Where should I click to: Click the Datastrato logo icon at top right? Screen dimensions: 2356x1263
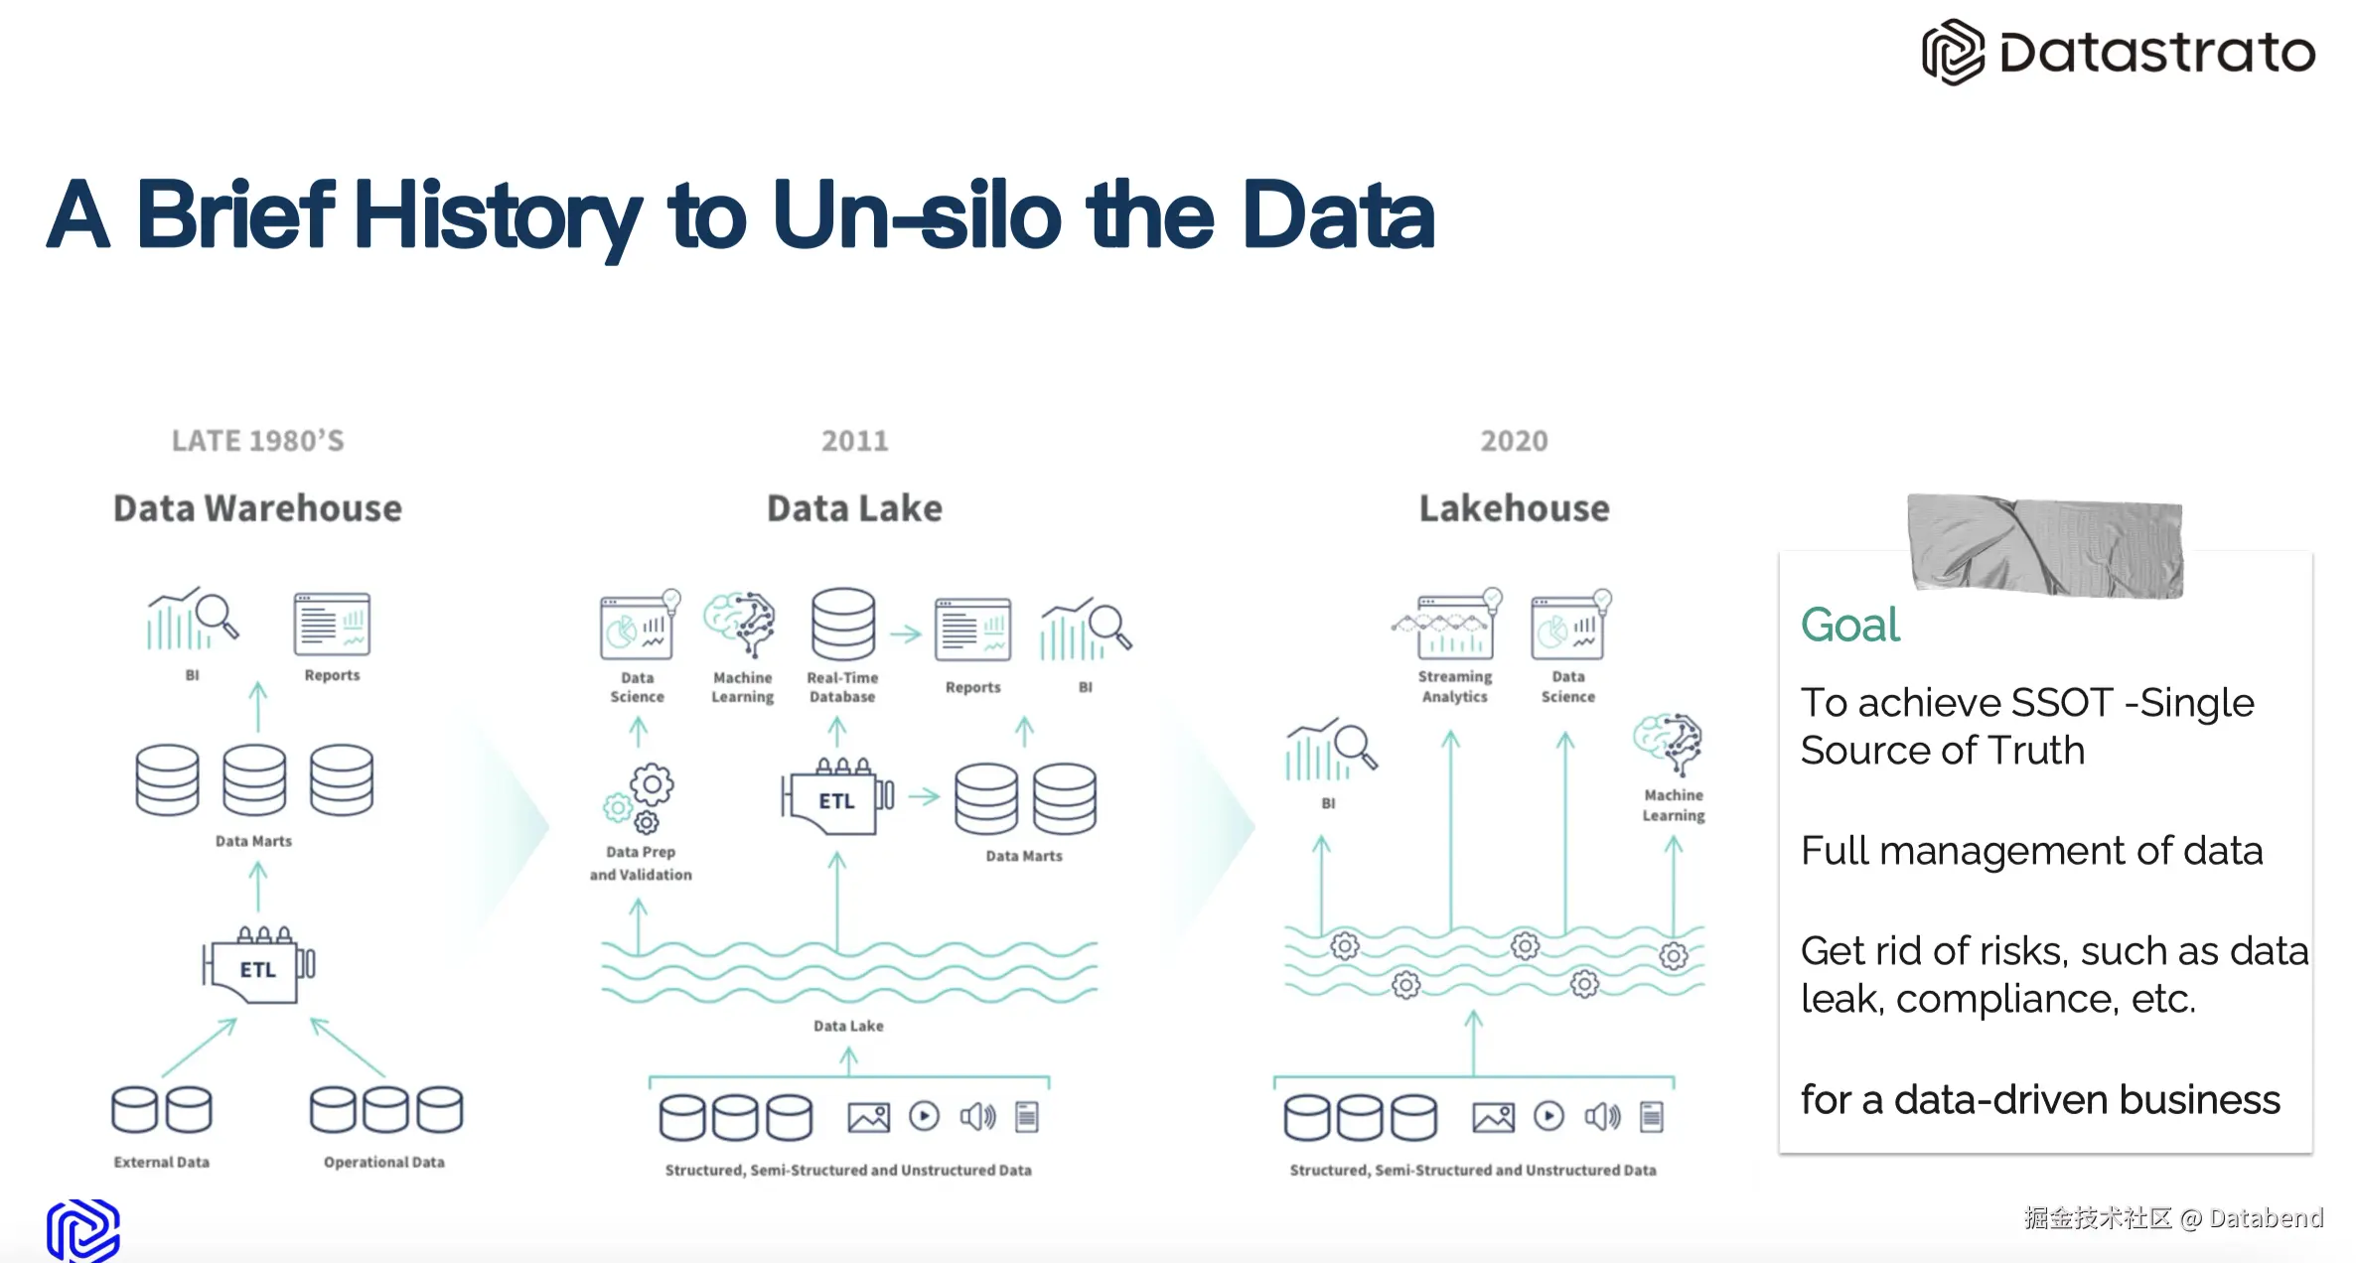click(x=1952, y=52)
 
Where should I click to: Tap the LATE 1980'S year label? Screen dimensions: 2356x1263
click(x=258, y=441)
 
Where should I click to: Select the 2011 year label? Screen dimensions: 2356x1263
click(x=854, y=441)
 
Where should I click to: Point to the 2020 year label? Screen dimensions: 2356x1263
click(x=1514, y=441)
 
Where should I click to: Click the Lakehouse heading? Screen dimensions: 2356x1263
click(x=1514, y=508)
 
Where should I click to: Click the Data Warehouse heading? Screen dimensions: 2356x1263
click(x=257, y=508)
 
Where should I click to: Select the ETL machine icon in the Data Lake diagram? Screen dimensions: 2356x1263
click(x=837, y=796)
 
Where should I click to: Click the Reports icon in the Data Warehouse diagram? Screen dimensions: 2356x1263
click(x=332, y=625)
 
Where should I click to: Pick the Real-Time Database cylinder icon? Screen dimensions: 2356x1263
click(x=843, y=625)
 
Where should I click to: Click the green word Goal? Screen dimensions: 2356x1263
click(x=1849, y=626)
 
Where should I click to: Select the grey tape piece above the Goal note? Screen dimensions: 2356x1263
click(x=2045, y=545)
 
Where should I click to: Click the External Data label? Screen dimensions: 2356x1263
click(x=162, y=1162)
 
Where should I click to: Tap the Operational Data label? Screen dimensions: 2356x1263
click(x=384, y=1162)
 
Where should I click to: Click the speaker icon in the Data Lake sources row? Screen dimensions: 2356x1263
click(x=977, y=1117)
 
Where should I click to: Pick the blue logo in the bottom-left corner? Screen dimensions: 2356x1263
click(x=83, y=1230)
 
